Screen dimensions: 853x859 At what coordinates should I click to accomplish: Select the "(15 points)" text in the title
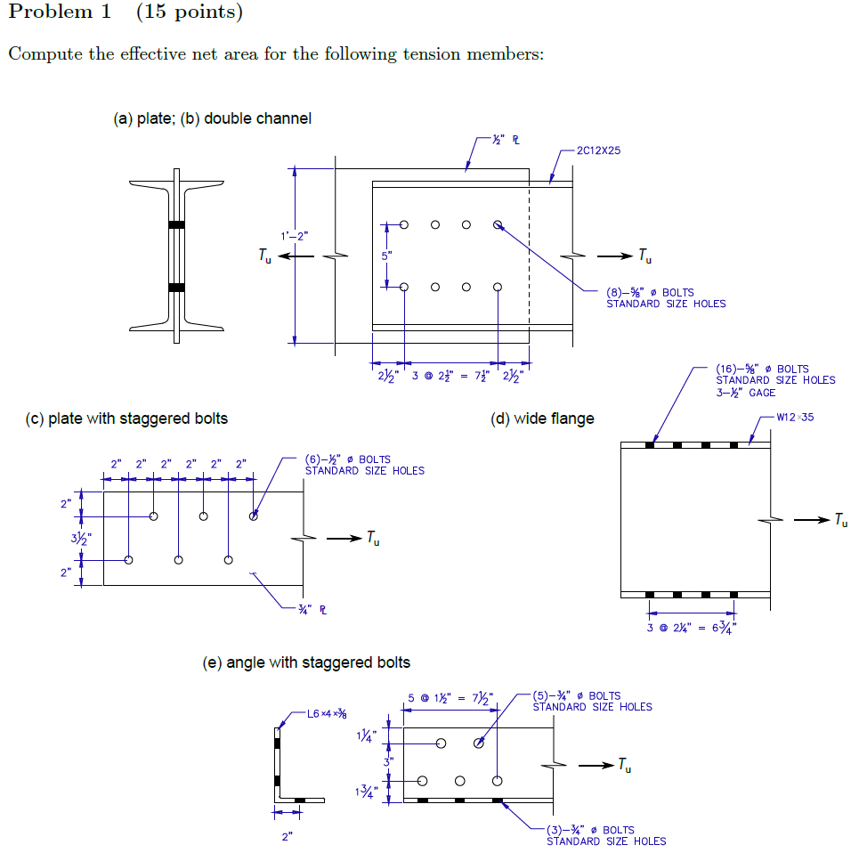188,12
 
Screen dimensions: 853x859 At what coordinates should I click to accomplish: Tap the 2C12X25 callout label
598,150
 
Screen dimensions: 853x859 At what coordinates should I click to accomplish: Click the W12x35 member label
795,417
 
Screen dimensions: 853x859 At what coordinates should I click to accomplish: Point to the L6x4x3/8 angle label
327,713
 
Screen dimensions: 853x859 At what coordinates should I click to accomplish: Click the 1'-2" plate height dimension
294,236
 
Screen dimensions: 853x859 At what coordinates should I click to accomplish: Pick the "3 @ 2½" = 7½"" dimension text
451,374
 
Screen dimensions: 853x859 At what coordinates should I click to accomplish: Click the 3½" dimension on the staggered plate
69,539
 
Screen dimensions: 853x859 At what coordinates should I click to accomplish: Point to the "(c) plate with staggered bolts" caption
126,418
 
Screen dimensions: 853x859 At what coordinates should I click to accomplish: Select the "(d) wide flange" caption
542,418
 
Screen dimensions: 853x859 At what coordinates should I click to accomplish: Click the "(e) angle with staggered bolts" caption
307,662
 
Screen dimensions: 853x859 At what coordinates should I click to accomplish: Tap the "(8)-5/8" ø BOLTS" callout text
649,292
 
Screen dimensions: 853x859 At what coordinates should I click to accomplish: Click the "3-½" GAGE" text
746,393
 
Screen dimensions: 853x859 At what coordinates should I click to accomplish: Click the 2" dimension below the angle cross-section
287,837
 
